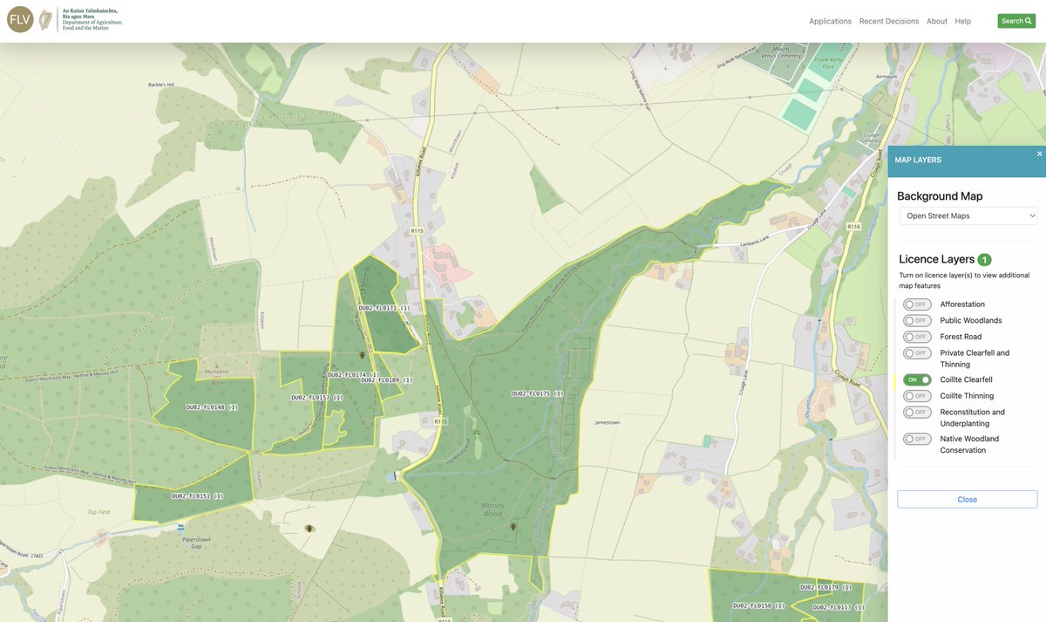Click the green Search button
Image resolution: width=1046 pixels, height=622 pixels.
point(1016,21)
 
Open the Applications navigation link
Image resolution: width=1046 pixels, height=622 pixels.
point(830,21)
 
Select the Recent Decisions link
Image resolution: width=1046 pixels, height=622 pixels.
point(888,21)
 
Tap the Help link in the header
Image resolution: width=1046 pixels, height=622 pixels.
point(962,21)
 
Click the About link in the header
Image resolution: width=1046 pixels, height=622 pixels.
point(937,21)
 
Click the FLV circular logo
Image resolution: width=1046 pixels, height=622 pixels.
point(20,19)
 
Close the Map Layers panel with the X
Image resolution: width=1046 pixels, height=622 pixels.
point(1039,154)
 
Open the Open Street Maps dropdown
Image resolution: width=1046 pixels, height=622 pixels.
point(968,215)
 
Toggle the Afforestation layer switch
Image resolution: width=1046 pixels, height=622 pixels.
point(917,304)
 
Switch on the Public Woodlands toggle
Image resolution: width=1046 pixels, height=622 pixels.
point(917,320)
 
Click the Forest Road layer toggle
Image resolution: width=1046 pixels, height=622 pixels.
point(917,337)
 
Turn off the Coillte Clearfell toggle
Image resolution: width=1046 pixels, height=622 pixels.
point(917,380)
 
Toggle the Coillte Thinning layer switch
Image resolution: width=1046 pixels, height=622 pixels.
point(917,396)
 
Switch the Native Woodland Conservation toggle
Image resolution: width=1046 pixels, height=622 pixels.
point(917,439)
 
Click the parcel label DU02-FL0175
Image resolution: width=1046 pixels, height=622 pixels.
point(537,394)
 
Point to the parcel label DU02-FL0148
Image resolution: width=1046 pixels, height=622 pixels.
point(212,407)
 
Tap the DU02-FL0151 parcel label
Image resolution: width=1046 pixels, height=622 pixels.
point(198,496)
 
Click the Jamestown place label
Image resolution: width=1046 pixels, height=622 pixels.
point(607,422)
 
